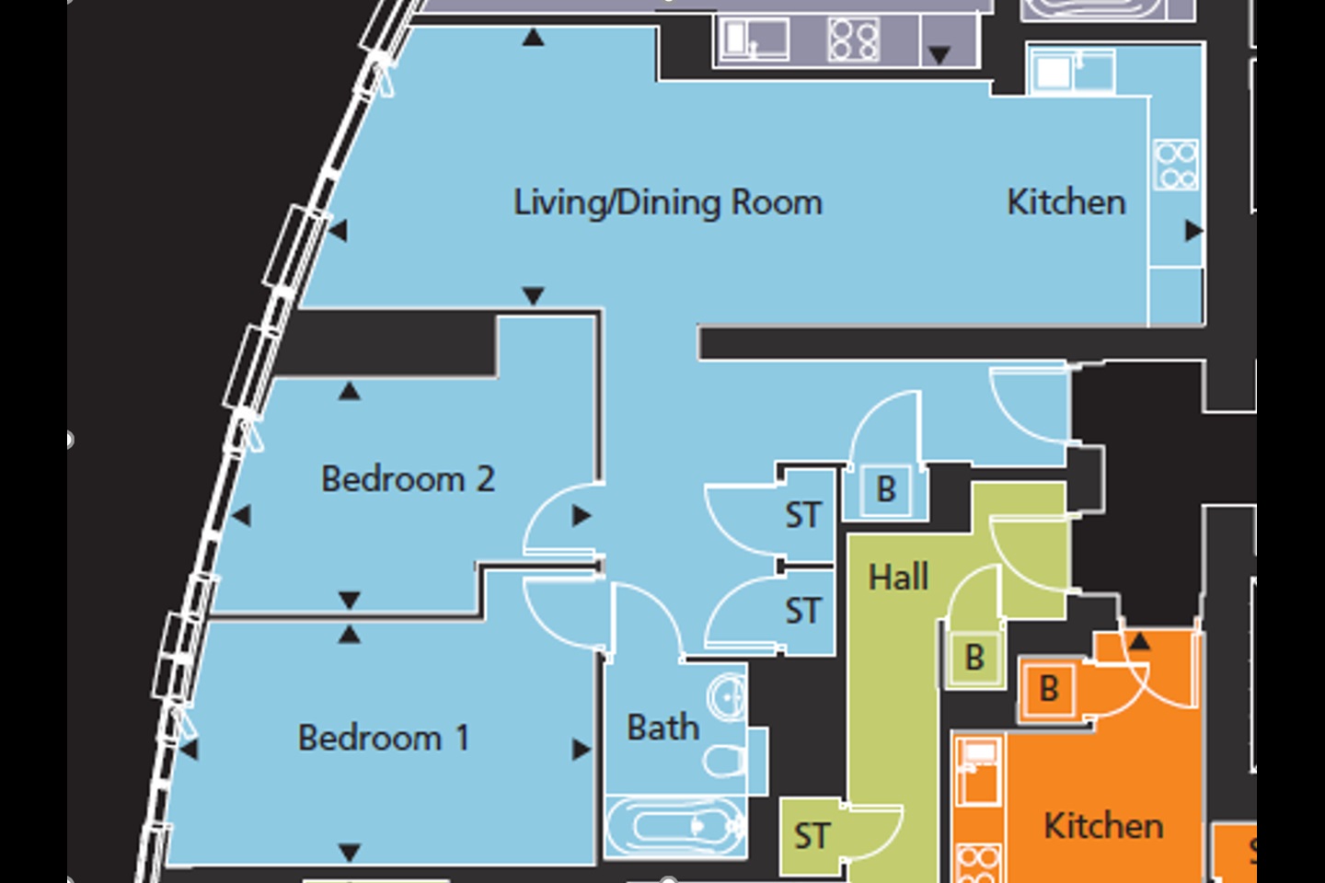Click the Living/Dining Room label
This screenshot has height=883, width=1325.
(x=667, y=202)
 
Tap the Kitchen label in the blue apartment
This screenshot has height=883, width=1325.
(x=1066, y=202)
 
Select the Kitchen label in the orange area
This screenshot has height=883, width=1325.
(x=1102, y=826)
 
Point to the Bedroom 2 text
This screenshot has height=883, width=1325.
(x=408, y=479)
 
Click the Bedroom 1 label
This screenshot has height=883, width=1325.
(x=384, y=738)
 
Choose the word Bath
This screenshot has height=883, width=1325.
(x=662, y=728)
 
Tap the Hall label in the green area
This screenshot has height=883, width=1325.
(x=898, y=578)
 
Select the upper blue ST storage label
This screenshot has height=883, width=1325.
(x=802, y=515)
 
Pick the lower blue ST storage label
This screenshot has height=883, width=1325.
(x=802, y=611)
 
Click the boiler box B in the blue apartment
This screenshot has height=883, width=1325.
(x=886, y=489)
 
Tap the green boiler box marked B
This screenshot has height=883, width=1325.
(x=974, y=658)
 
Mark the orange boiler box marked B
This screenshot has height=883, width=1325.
(x=1048, y=689)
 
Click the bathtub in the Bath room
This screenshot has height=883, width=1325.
(x=675, y=826)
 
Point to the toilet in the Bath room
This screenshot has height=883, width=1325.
(x=725, y=762)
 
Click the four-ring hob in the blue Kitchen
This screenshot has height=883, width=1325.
(x=1176, y=165)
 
